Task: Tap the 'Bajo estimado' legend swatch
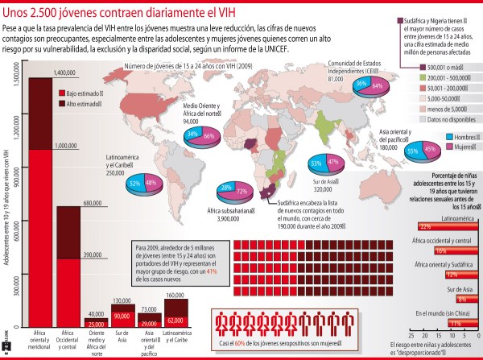point(60,93)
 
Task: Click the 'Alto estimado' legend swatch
point(60,104)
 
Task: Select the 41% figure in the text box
point(213,272)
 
